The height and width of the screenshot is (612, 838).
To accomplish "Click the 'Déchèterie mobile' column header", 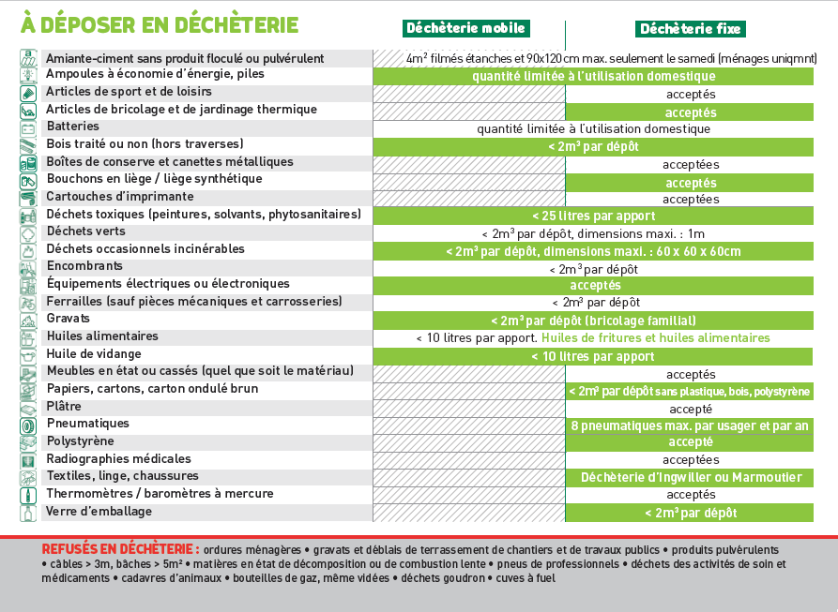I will pos(465,28).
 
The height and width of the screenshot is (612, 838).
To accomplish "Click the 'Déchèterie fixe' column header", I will pos(689,29).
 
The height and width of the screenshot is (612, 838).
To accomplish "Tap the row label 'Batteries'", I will pos(72,127).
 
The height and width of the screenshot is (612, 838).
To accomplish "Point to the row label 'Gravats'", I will pos(69,319).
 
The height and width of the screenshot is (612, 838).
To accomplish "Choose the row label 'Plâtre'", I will pos(64,407).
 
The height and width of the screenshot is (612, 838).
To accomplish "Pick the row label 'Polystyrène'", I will pos(80,441).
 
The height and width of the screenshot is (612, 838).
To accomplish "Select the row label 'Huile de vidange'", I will pos(94,354).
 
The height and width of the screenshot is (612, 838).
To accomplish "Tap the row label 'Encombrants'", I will pos(85,266).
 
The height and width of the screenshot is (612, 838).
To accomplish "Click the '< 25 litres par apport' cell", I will pos(593,216).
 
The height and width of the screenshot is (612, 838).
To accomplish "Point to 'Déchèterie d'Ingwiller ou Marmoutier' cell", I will pos(691,478).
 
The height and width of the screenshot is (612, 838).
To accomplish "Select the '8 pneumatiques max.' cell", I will pos(690,425).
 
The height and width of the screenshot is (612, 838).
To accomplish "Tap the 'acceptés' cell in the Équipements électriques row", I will pos(595,285).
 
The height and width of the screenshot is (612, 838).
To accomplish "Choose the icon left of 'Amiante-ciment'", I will pos(28,58).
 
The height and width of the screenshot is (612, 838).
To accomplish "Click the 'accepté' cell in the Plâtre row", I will pos(690,409).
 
